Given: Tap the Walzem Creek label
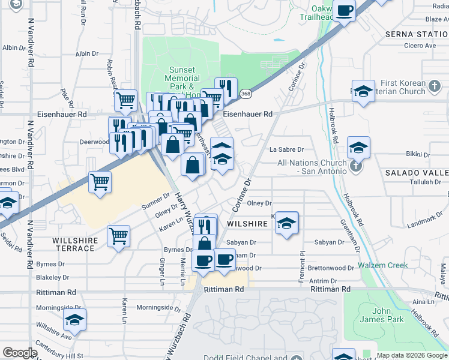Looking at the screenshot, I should coord(383,265).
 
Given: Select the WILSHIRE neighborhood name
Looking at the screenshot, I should coord(247,223).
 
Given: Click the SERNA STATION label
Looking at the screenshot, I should coord(417,34).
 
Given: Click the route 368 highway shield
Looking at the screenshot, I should coord(246,94).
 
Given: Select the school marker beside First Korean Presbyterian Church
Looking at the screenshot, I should coord(363,91).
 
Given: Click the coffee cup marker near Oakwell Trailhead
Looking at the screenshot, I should coord(345,11).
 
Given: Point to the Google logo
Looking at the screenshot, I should coord(20,353).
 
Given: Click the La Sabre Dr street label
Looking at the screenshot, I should coord(287,149).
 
